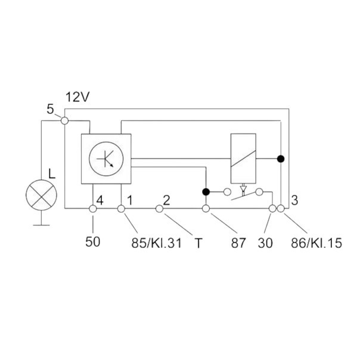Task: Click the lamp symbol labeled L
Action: click(41, 195)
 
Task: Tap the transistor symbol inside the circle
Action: click(106, 159)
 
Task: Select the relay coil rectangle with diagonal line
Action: click(243, 159)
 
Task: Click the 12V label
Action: click(77, 97)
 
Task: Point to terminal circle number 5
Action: click(65, 120)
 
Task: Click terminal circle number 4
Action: click(93, 209)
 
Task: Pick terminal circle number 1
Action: click(121, 209)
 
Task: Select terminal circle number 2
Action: click(160, 209)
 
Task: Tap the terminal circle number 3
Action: click(281, 209)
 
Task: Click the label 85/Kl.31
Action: click(157, 243)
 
